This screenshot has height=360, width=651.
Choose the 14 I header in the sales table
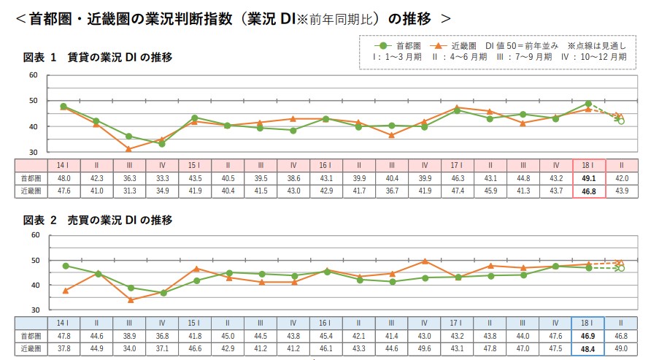click(x=63, y=323)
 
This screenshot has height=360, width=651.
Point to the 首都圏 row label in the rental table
click(x=30, y=178)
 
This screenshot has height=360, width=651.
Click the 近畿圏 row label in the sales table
click(x=30, y=348)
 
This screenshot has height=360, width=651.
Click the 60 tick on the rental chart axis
click(x=34, y=75)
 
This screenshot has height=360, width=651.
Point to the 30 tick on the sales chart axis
click(x=34, y=310)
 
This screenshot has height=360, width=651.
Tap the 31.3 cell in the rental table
click(x=129, y=191)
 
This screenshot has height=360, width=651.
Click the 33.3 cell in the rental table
click(x=162, y=178)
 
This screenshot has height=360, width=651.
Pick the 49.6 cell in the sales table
click(x=424, y=348)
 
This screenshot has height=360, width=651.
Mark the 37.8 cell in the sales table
click(x=63, y=348)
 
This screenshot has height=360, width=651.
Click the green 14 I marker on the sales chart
click(x=65, y=266)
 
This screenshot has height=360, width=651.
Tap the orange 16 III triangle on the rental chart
click(x=392, y=135)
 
